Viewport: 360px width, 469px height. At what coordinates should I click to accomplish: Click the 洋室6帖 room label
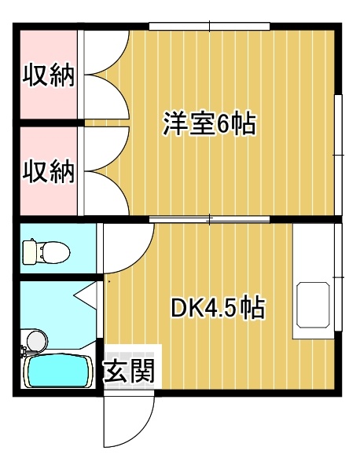tap(209, 123)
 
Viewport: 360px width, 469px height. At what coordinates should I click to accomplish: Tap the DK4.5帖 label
tap(218, 307)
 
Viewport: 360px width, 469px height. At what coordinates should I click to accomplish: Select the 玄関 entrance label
tap(129, 371)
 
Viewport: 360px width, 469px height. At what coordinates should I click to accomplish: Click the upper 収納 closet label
tap(49, 75)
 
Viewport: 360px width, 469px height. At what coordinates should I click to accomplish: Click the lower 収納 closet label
tap(49, 171)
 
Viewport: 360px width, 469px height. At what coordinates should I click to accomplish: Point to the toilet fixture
tap(46, 252)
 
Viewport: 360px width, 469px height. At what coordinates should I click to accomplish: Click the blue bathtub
tap(59, 371)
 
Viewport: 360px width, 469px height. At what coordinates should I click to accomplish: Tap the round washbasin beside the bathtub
tap(38, 340)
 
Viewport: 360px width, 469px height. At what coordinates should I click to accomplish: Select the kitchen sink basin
tap(313, 305)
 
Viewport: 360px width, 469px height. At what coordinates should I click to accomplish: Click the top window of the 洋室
tap(210, 27)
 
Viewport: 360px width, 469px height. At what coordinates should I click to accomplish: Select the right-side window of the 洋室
tap(338, 155)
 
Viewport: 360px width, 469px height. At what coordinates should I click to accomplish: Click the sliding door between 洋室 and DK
tap(210, 219)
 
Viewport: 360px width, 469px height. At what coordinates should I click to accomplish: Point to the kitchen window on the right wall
tap(338, 277)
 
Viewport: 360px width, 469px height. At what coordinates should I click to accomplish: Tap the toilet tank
tap(29, 252)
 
